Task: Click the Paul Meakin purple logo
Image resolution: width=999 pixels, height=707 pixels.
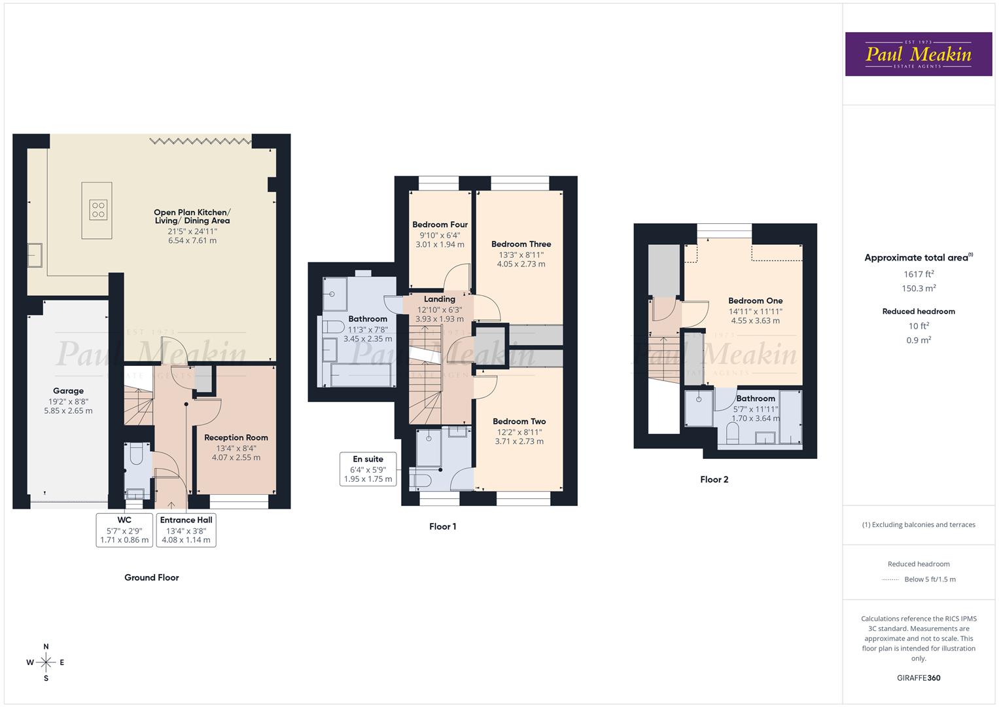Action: coord(918,54)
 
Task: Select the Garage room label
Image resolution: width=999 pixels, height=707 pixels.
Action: coord(68,391)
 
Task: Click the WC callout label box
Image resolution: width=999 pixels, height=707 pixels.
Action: coord(124,530)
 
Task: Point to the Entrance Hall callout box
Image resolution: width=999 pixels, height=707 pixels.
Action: coord(186,530)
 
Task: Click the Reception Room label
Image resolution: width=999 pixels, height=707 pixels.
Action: coord(236,438)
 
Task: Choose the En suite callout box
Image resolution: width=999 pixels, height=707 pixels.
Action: coord(368,469)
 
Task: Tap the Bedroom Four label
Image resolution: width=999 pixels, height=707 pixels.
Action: coord(440,225)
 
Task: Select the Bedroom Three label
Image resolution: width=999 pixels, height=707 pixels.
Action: coord(521,244)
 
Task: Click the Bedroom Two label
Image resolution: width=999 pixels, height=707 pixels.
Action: coord(519,422)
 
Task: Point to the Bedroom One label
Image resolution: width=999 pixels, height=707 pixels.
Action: coord(755,301)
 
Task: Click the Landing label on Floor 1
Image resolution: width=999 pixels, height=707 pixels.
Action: coord(439,299)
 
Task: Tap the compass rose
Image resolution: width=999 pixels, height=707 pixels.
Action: coord(46,662)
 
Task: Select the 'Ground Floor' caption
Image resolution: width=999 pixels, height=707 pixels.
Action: coord(151,577)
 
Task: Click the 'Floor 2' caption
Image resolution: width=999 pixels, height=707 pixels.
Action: coord(714,479)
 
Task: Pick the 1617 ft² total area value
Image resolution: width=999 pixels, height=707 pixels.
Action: coord(919,274)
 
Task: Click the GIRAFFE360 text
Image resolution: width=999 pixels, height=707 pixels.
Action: coord(918,678)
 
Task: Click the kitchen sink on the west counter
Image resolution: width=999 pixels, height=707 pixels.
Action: coord(34,255)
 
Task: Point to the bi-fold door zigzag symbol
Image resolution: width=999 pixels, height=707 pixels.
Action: coord(200,141)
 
